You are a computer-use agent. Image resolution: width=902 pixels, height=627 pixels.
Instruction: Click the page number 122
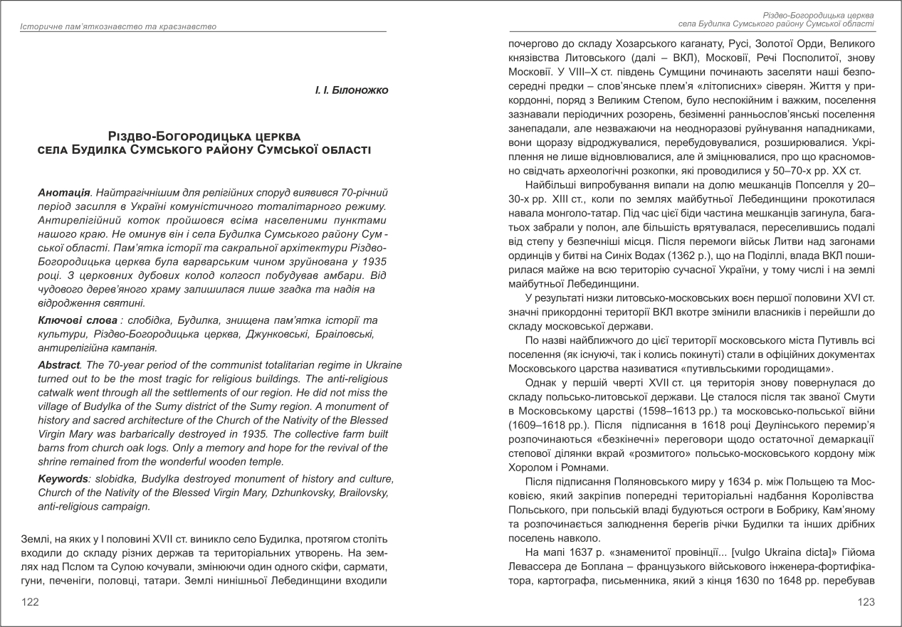pyautogui.click(x=30, y=602)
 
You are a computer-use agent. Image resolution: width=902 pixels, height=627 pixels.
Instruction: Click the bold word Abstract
pyautogui.click(x=59, y=365)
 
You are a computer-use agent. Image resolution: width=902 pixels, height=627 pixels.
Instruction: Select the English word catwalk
pyautogui.click(x=60, y=393)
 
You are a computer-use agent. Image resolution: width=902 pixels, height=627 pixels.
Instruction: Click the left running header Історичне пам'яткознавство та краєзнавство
pyautogui.click(x=118, y=26)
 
